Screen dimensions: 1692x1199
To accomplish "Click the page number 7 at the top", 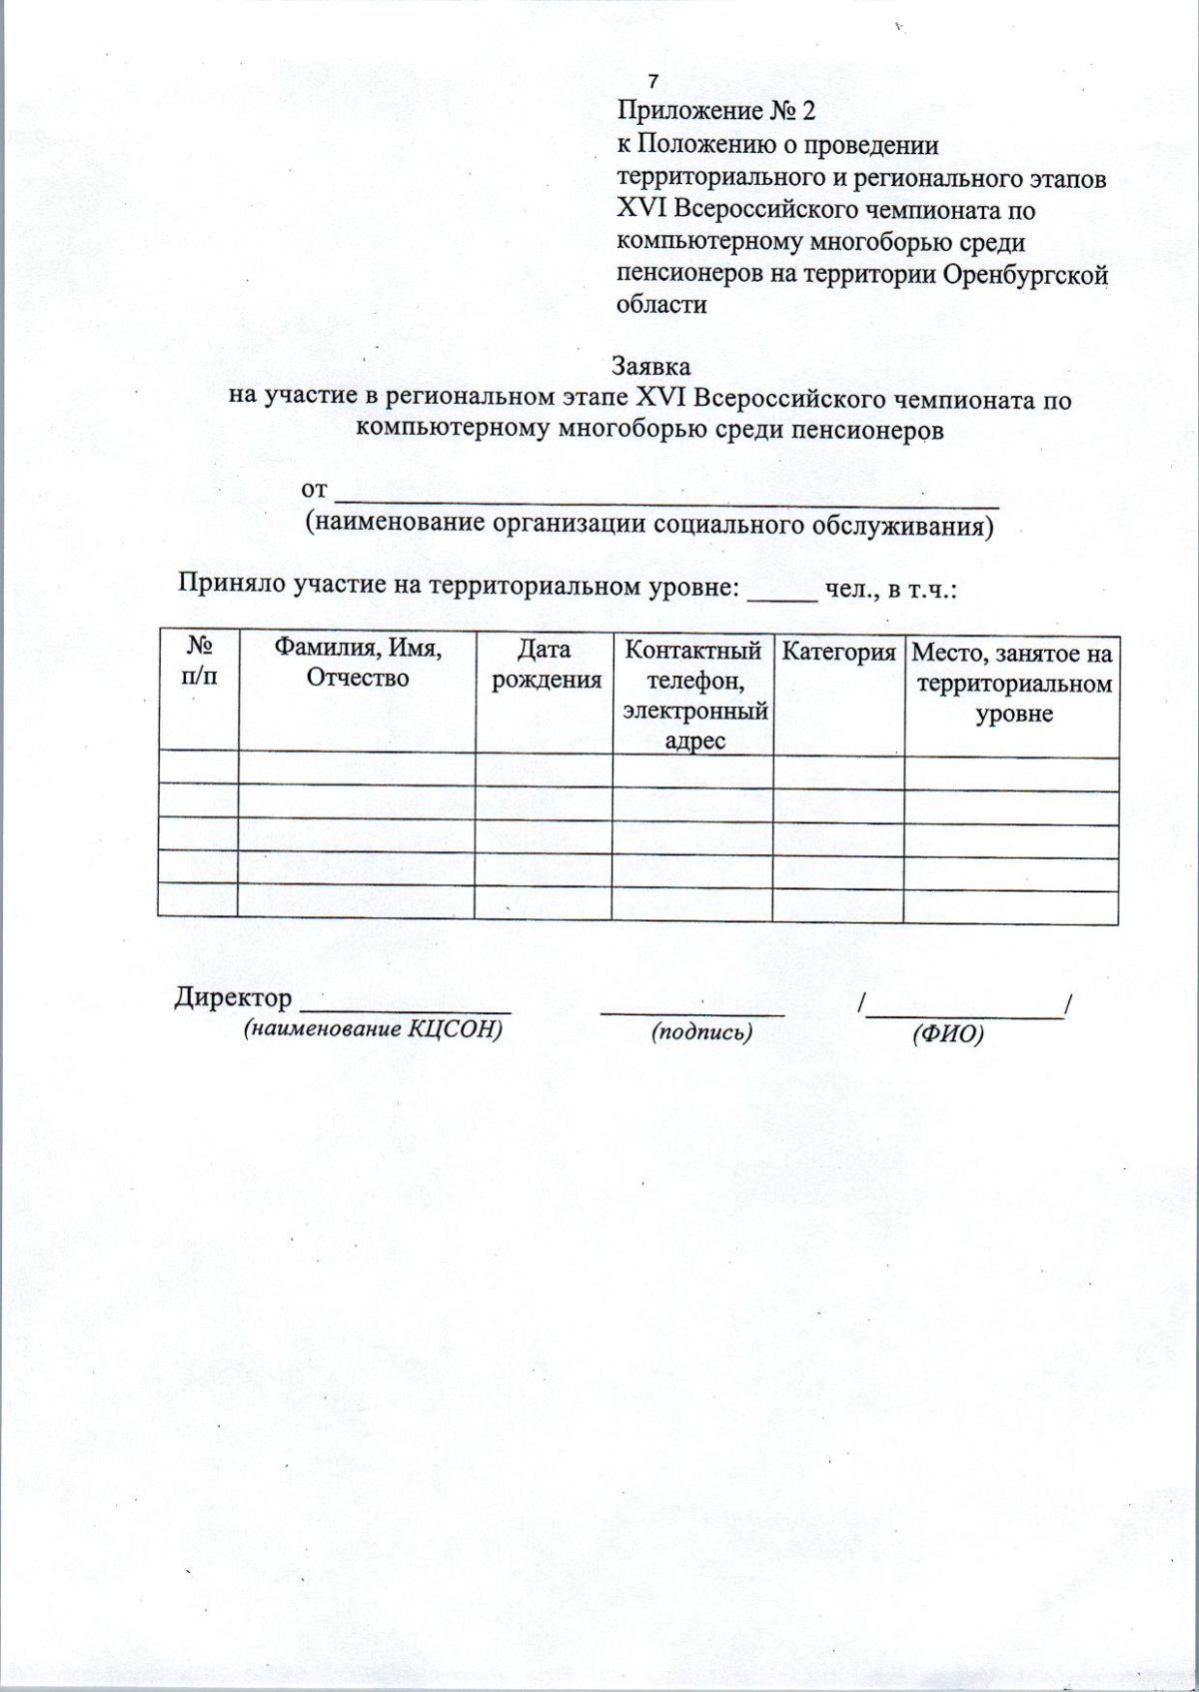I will (653, 81).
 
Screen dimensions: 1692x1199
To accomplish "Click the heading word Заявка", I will (650, 367).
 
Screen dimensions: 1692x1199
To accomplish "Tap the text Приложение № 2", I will (716, 110).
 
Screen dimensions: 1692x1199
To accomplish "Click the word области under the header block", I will (661, 305).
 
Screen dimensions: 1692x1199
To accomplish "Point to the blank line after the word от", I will (667, 492).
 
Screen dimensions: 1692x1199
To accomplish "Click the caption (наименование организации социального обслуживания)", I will (649, 524).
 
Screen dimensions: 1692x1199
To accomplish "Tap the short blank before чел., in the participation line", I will (782, 594).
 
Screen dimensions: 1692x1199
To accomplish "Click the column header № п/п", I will (198, 663).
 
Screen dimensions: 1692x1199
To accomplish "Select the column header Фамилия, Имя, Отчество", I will (358, 663).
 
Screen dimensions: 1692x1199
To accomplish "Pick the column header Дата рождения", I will (544, 665).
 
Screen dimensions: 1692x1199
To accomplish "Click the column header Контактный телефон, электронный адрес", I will (693, 695).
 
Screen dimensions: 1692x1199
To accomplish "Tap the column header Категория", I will (838, 653).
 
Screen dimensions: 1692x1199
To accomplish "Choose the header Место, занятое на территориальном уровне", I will (1012, 684).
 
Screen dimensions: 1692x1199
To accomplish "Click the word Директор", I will (233, 997).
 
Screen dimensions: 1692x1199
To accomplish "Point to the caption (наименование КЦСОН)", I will (373, 1030).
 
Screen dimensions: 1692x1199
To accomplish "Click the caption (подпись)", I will (701, 1032).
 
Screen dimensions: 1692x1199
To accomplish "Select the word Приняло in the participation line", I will (231, 584).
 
